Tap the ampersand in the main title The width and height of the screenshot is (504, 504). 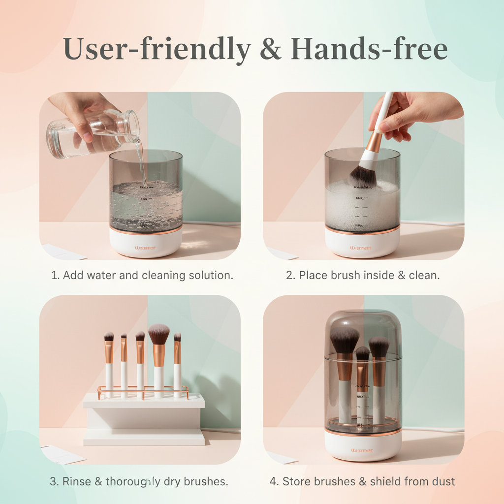point(272,49)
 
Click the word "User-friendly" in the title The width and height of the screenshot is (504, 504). point(157,49)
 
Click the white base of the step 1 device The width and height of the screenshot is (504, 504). point(146,244)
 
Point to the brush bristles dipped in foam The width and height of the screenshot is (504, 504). point(363,177)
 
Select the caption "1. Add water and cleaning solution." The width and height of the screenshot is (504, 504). point(142,275)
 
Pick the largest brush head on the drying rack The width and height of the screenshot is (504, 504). point(158,335)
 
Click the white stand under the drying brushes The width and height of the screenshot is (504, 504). point(143,418)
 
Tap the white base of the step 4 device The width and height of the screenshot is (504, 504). point(363,445)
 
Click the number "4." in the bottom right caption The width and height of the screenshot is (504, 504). point(274,481)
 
